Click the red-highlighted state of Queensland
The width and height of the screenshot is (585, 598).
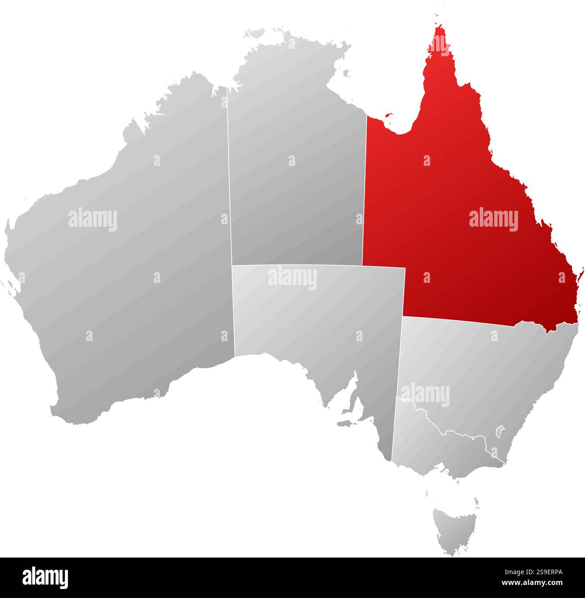[450, 189]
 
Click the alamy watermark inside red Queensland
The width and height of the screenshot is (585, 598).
[493, 219]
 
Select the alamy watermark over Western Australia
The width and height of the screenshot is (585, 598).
[93, 219]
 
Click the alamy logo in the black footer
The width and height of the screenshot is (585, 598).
[45, 578]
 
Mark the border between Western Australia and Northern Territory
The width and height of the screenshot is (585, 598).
[229, 180]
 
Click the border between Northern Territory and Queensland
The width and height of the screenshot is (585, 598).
[364, 189]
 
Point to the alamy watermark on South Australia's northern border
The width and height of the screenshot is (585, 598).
[292, 278]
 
